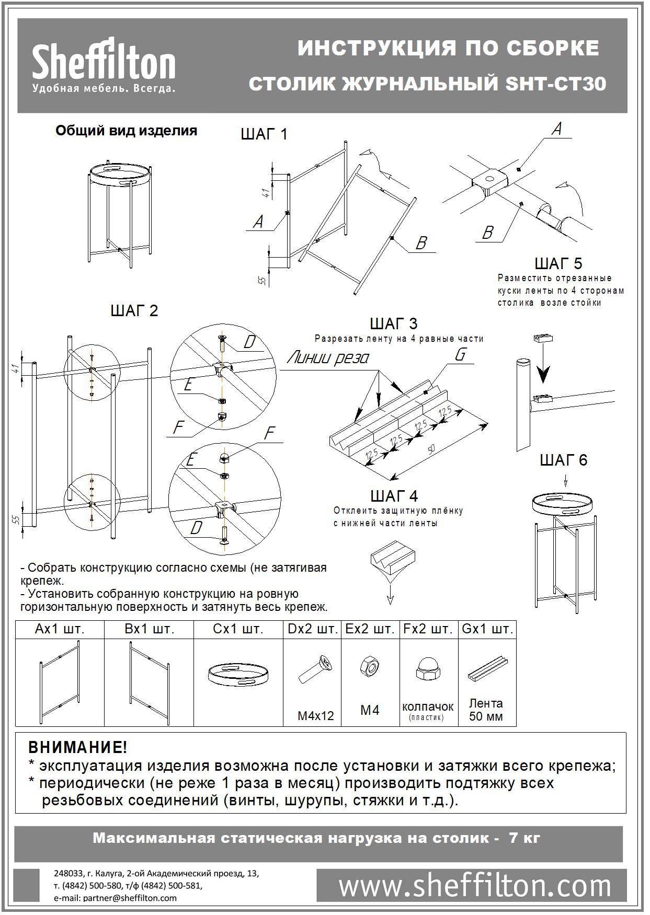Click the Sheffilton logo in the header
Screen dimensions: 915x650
(x=104, y=65)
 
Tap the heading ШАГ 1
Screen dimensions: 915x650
(x=264, y=134)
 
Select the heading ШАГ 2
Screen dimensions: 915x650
(x=134, y=311)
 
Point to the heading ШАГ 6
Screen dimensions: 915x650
(x=563, y=460)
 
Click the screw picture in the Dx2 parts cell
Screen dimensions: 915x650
(x=313, y=670)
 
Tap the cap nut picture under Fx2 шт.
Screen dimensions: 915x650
(x=427, y=669)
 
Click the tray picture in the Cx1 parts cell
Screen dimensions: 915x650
(x=238, y=675)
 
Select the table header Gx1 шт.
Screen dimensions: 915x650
(x=487, y=629)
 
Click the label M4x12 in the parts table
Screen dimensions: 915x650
(x=315, y=716)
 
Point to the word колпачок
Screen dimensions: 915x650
(x=428, y=706)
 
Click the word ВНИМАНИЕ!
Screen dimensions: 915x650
(x=77, y=747)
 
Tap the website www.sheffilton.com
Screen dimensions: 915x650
(x=474, y=886)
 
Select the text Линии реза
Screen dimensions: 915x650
(x=328, y=358)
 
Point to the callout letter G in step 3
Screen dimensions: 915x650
(x=460, y=355)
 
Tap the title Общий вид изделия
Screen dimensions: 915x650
(x=126, y=131)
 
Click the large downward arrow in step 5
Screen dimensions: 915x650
(x=544, y=372)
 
